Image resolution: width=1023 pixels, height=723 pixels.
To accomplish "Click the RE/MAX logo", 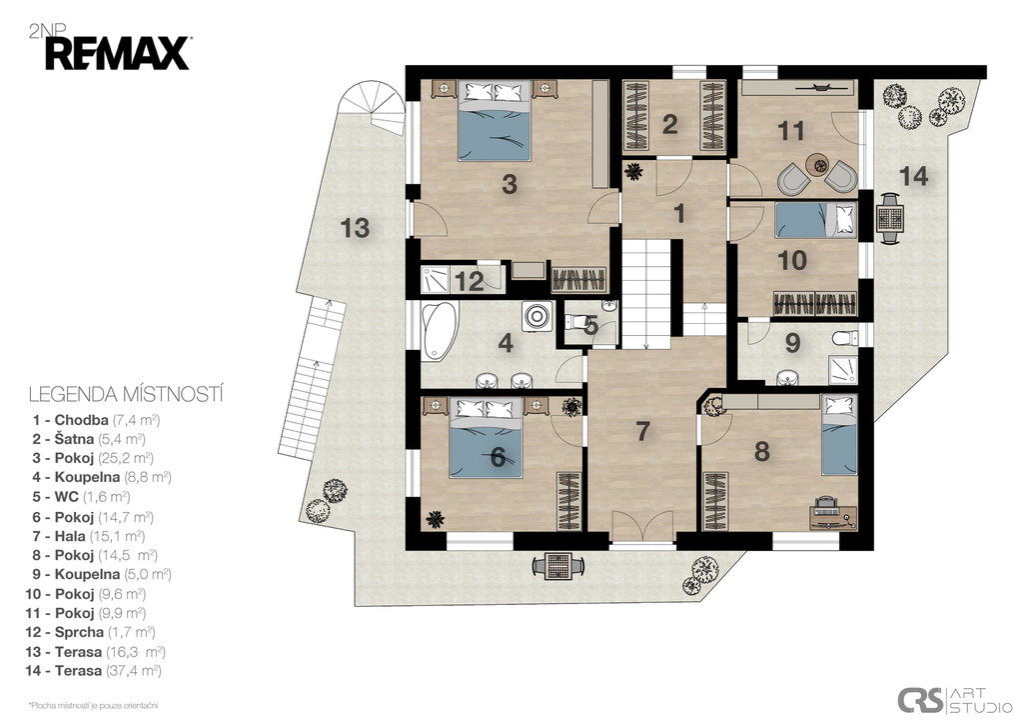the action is [x=118, y=54].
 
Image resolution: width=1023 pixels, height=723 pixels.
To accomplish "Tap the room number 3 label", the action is [x=510, y=184].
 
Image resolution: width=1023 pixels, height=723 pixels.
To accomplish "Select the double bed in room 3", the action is [x=494, y=121].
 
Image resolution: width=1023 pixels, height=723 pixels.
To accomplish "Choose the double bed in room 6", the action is [x=487, y=438].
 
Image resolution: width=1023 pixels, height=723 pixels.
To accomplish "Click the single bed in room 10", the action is [x=815, y=219].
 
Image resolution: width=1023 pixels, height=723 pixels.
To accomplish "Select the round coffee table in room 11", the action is [x=816, y=164].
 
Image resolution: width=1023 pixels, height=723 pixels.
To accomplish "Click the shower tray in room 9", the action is [x=843, y=370].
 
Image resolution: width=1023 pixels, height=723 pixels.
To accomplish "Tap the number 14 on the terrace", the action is [x=913, y=176].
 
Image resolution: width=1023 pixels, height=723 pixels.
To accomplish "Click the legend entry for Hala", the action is [x=88, y=536].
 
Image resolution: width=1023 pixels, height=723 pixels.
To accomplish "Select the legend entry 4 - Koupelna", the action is [x=102, y=477].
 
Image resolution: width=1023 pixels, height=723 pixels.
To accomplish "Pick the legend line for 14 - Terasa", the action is [x=93, y=671].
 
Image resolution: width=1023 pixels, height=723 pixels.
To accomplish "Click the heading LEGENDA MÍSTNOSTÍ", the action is [x=127, y=394].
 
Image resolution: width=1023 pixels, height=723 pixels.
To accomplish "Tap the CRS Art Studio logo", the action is [x=954, y=700].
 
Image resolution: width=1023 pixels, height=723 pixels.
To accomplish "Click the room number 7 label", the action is [x=643, y=431].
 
